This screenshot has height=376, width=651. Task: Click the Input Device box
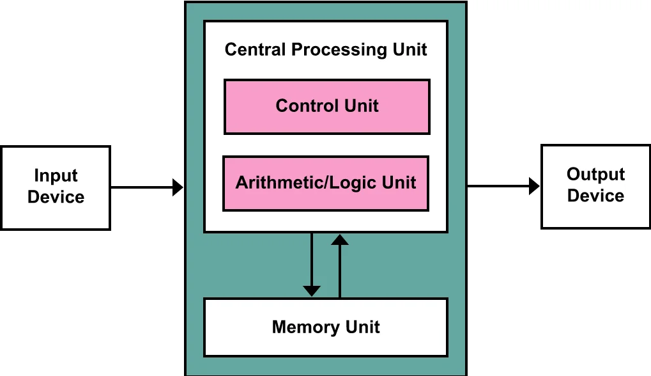56,188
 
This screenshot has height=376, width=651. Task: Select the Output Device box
596,187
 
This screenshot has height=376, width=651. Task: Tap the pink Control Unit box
326,107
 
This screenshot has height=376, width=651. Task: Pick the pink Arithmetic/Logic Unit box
326,184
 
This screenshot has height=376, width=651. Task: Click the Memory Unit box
326,327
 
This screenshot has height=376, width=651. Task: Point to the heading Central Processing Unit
326,50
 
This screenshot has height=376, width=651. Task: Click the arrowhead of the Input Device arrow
178,187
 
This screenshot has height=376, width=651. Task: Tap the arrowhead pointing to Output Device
534,185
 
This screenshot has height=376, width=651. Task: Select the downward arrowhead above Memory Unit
311,291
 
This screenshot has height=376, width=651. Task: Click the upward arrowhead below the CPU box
340,239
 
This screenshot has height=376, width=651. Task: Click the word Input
56,176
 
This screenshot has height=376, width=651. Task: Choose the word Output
596,175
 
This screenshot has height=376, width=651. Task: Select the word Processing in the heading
339,51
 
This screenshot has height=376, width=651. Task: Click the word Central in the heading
256,49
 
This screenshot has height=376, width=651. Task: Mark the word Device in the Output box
596,196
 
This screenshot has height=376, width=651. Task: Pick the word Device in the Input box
56,197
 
